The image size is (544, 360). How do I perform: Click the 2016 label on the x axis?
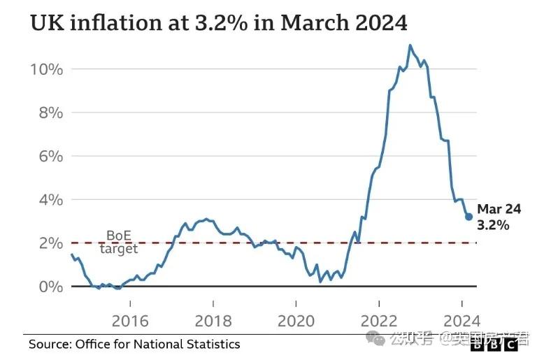pos(130,321)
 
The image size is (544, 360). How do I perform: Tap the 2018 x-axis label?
pos(213,321)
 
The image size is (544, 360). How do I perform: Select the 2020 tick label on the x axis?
pos(296,321)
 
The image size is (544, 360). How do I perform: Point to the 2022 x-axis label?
pos(378,321)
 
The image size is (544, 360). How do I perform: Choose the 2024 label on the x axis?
pos(461,321)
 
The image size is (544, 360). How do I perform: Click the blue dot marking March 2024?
pos(468,217)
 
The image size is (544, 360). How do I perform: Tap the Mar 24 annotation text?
pos(499,208)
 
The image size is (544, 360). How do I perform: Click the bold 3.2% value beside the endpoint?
pos(493,225)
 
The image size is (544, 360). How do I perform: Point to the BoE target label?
pos(120,242)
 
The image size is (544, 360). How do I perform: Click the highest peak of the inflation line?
pos(410,45)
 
